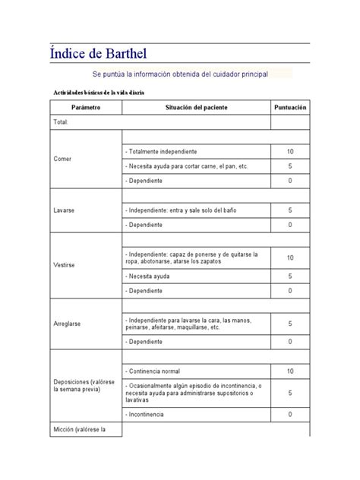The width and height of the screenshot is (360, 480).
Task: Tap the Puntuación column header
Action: [x=289, y=108]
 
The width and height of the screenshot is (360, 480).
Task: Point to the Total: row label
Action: [x=62, y=122]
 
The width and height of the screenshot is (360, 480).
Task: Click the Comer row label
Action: [x=62, y=159]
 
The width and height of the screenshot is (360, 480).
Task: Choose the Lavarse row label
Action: [x=64, y=210]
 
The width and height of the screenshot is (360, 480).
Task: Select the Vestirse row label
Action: [x=64, y=265]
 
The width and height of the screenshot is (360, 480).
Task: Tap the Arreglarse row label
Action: [x=68, y=324]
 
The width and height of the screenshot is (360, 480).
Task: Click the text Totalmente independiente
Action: [x=163, y=152]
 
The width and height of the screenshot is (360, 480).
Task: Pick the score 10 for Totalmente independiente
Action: [x=289, y=152]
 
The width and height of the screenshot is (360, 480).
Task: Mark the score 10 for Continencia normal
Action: [x=289, y=371]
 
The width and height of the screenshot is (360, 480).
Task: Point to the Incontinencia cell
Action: [x=147, y=414]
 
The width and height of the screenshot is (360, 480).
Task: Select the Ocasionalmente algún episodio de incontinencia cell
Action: [x=194, y=392]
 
